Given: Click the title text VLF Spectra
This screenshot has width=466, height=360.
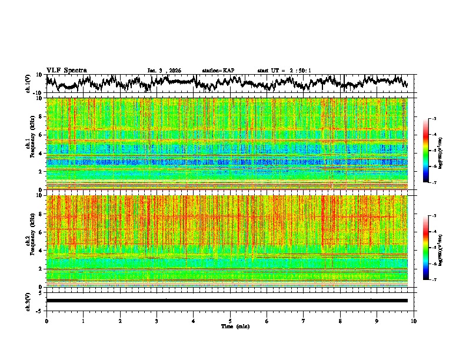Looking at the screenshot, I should click(x=66, y=70).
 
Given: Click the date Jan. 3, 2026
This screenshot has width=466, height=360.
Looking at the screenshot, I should click(x=164, y=70).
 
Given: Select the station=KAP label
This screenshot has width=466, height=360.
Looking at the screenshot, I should click(x=218, y=70).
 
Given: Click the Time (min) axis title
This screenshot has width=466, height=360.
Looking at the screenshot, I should click(x=235, y=326).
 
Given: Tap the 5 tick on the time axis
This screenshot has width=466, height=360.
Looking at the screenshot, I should click(x=230, y=321).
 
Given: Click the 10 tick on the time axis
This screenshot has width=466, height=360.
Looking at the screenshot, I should click(x=414, y=321).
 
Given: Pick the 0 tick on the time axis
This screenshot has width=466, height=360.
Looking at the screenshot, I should click(x=46, y=321).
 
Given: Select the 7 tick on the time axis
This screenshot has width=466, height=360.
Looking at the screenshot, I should click(x=304, y=321).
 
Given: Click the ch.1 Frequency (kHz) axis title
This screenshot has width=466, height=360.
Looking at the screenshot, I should click(x=29, y=144).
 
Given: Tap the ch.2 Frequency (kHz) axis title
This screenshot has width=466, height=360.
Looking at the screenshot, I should click(x=29, y=241).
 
